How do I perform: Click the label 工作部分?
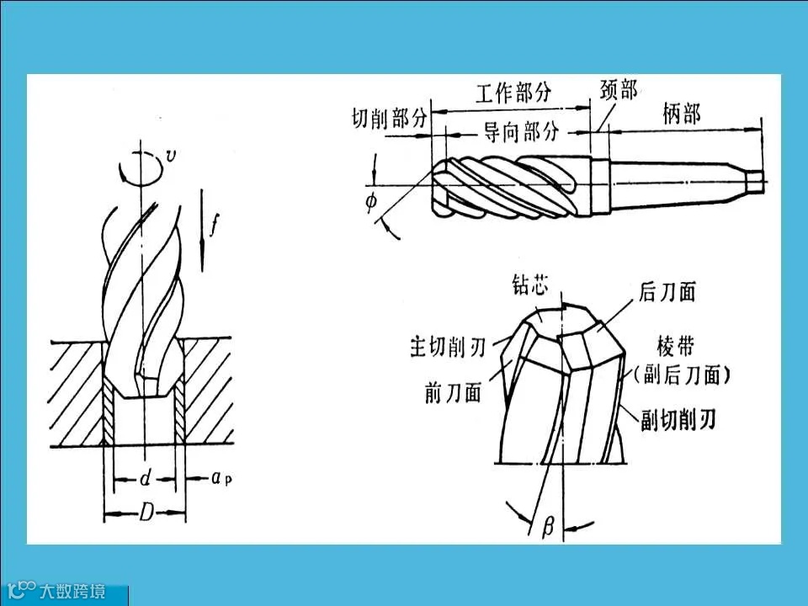pos(513,93)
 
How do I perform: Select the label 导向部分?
pos(521,132)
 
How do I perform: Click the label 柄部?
pos(682,114)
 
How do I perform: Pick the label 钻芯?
pos(531,285)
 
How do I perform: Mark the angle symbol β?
pos(548,528)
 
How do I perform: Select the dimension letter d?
pos(145,479)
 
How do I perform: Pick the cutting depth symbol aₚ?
pos(222,479)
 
